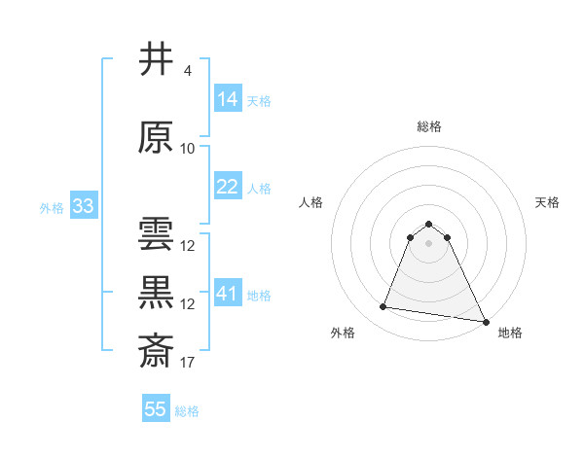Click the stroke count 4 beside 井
pos(187,71)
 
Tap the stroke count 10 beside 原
pos(188,149)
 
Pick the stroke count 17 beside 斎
pos(188,363)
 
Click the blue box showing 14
pos(228,98)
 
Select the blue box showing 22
pos(228,187)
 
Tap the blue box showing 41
pos(228,293)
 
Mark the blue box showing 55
pos(156,409)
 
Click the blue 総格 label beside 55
pos(187,411)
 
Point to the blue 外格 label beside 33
pos(51,207)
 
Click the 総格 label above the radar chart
pos(428,126)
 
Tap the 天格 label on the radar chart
pos(547,202)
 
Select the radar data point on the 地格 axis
pos(486,321)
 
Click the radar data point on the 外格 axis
pos(383,307)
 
